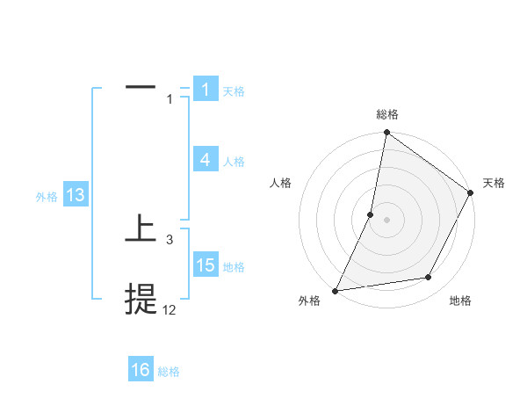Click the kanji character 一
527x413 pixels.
click(x=141, y=88)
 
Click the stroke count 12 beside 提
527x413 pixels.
click(x=170, y=309)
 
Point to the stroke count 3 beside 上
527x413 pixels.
click(x=170, y=239)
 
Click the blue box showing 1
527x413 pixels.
click(x=205, y=90)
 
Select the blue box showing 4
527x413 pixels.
click(x=205, y=160)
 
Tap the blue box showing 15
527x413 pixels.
click(x=205, y=265)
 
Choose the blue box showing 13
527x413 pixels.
click(x=75, y=196)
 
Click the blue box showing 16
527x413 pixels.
click(x=141, y=370)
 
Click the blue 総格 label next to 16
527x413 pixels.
click(x=169, y=372)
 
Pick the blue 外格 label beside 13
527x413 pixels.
click(x=47, y=197)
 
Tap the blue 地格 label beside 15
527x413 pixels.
click(x=234, y=267)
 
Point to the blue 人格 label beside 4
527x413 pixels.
click(x=234, y=162)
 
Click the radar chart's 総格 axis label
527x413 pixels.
click(x=386, y=114)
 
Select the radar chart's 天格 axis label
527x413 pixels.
click(x=494, y=183)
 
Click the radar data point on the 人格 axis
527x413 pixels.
click(x=371, y=214)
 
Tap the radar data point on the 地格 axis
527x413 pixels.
click(x=429, y=278)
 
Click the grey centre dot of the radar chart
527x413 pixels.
click(x=386, y=219)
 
